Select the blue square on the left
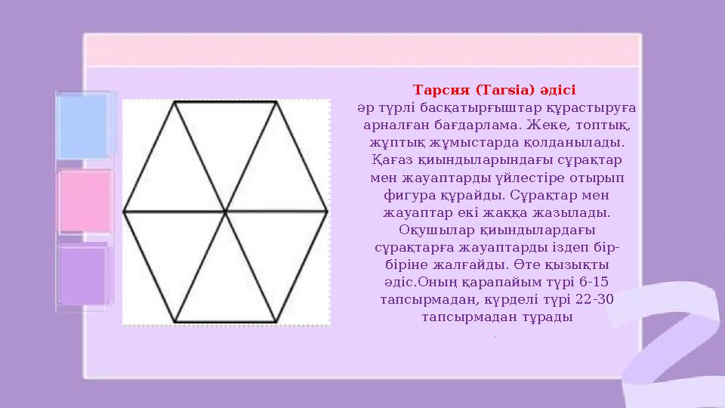point(83,127)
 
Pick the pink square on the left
point(85,200)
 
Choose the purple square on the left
point(83,275)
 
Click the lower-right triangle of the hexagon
point(277,248)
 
